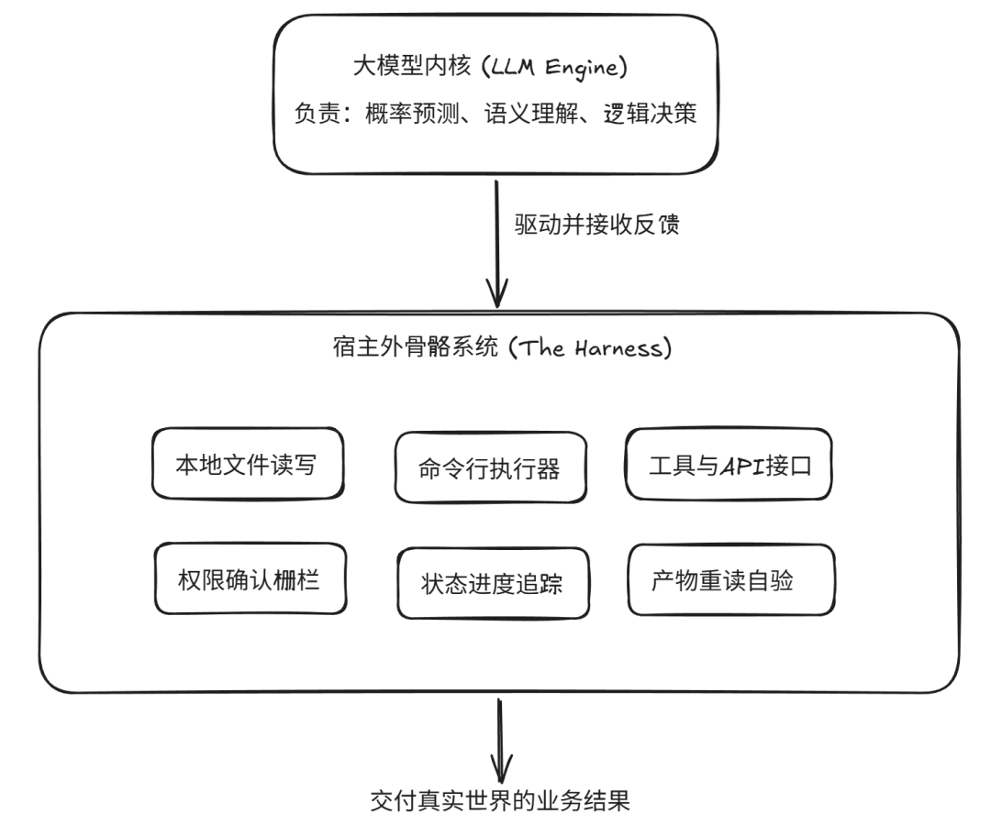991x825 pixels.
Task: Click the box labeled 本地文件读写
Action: pos(248,464)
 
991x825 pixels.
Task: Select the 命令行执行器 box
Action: pos(490,467)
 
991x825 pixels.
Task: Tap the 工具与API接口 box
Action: pos(728,465)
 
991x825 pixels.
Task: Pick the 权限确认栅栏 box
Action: pos(251,578)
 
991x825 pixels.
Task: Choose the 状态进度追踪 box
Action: pos(493,583)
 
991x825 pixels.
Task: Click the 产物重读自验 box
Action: pos(731,579)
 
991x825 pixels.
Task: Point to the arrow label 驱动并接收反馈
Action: pos(596,225)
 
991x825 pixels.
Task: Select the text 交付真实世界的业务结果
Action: pos(500,801)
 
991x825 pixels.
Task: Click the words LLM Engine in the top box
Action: pos(554,67)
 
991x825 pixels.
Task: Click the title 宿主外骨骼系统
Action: pos(416,346)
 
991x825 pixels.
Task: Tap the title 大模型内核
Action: pos(412,66)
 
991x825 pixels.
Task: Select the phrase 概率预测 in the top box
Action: pos(412,114)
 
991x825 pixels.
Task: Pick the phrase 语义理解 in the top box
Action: pos(531,114)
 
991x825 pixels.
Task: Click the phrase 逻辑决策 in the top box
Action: pos(651,114)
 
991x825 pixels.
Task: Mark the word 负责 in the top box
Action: pos(317,114)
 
